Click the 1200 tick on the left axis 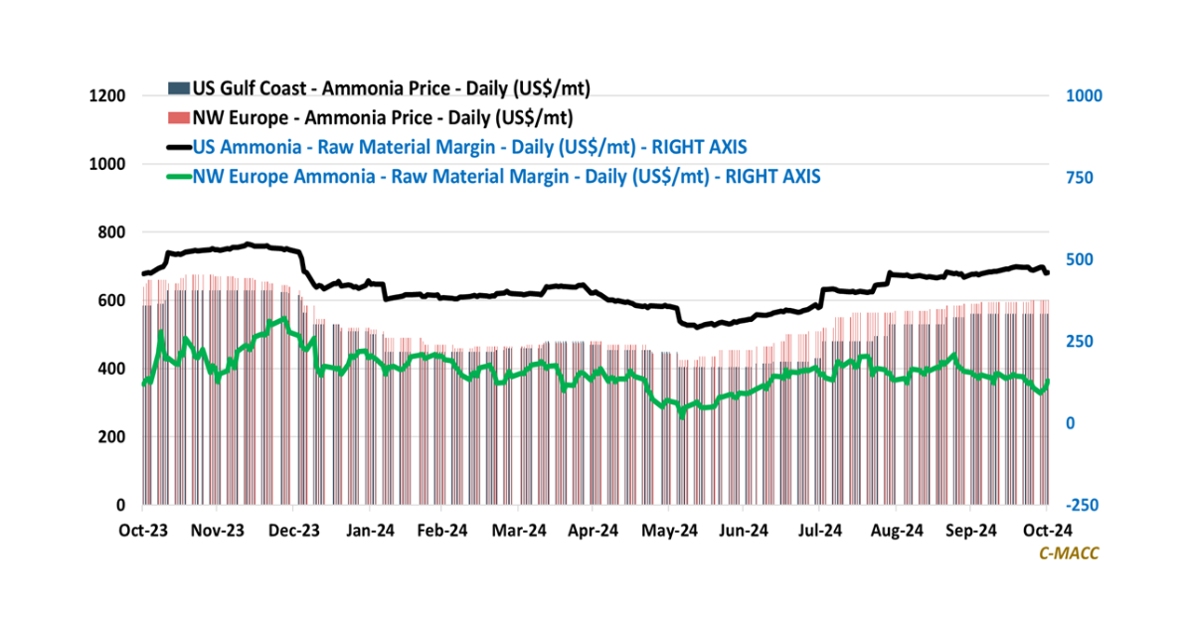point(109,95)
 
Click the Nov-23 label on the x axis point(218,531)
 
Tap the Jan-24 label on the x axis point(369,531)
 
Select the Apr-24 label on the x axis point(595,531)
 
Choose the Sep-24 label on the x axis point(970,531)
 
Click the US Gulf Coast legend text point(391,89)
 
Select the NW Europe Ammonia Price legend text point(382,118)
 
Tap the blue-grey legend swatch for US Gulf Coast point(178,89)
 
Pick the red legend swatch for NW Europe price point(178,118)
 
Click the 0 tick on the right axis point(1071,423)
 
